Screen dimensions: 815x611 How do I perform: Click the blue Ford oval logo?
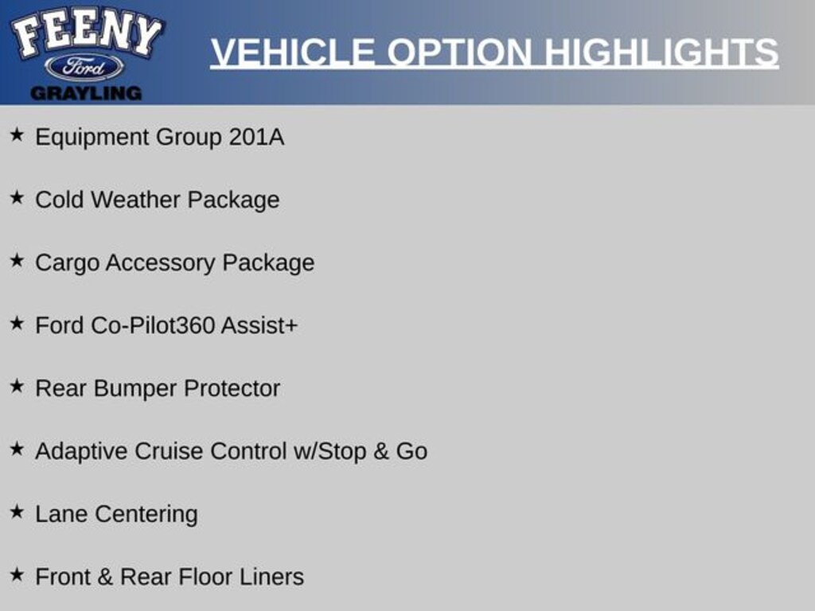[x=84, y=68]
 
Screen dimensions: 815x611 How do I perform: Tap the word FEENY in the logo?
[x=86, y=31]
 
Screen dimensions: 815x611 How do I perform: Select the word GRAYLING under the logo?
[x=86, y=94]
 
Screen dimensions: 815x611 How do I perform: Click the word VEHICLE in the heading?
[x=293, y=52]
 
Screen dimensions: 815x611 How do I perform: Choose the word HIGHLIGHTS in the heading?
[x=661, y=52]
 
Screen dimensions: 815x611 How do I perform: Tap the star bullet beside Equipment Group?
[x=17, y=134]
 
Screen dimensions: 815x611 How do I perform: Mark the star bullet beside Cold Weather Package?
[x=17, y=197]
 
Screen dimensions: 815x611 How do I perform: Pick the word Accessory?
[x=160, y=263]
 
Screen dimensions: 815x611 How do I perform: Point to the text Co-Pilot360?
[x=153, y=325]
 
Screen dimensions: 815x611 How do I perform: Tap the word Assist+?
[x=259, y=325]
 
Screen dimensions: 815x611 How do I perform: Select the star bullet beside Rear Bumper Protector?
[x=17, y=386]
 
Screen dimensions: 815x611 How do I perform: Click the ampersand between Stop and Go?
[x=381, y=451]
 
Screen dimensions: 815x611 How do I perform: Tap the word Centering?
[x=146, y=515]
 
